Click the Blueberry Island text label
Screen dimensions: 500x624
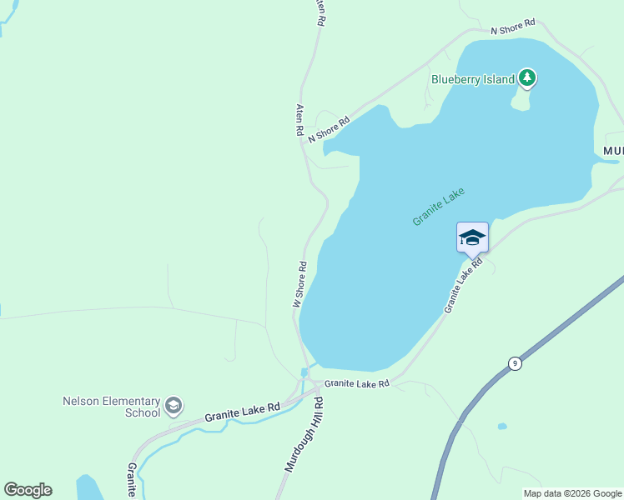coord(473,80)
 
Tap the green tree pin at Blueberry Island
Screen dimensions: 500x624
coord(526,78)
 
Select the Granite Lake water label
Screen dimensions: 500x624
coord(438,207)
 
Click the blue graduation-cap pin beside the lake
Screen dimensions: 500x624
coord(472,237)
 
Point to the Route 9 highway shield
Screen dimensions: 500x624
coord(516,363)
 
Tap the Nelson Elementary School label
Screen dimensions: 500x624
coord(111,407)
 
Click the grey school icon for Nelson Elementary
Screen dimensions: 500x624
coord(174,406)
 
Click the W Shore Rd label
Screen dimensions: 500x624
coord(299,285)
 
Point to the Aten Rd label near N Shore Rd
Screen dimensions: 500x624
coord(299,120)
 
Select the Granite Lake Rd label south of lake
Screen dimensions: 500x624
coord(357,384)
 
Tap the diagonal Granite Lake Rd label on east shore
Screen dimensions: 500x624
coord(464,286)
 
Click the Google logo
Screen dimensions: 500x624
coord(28,490)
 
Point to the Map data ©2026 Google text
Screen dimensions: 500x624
coord(572,493)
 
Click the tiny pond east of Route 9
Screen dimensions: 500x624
coord(502,426)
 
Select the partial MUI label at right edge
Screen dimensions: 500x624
coord(613,151)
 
